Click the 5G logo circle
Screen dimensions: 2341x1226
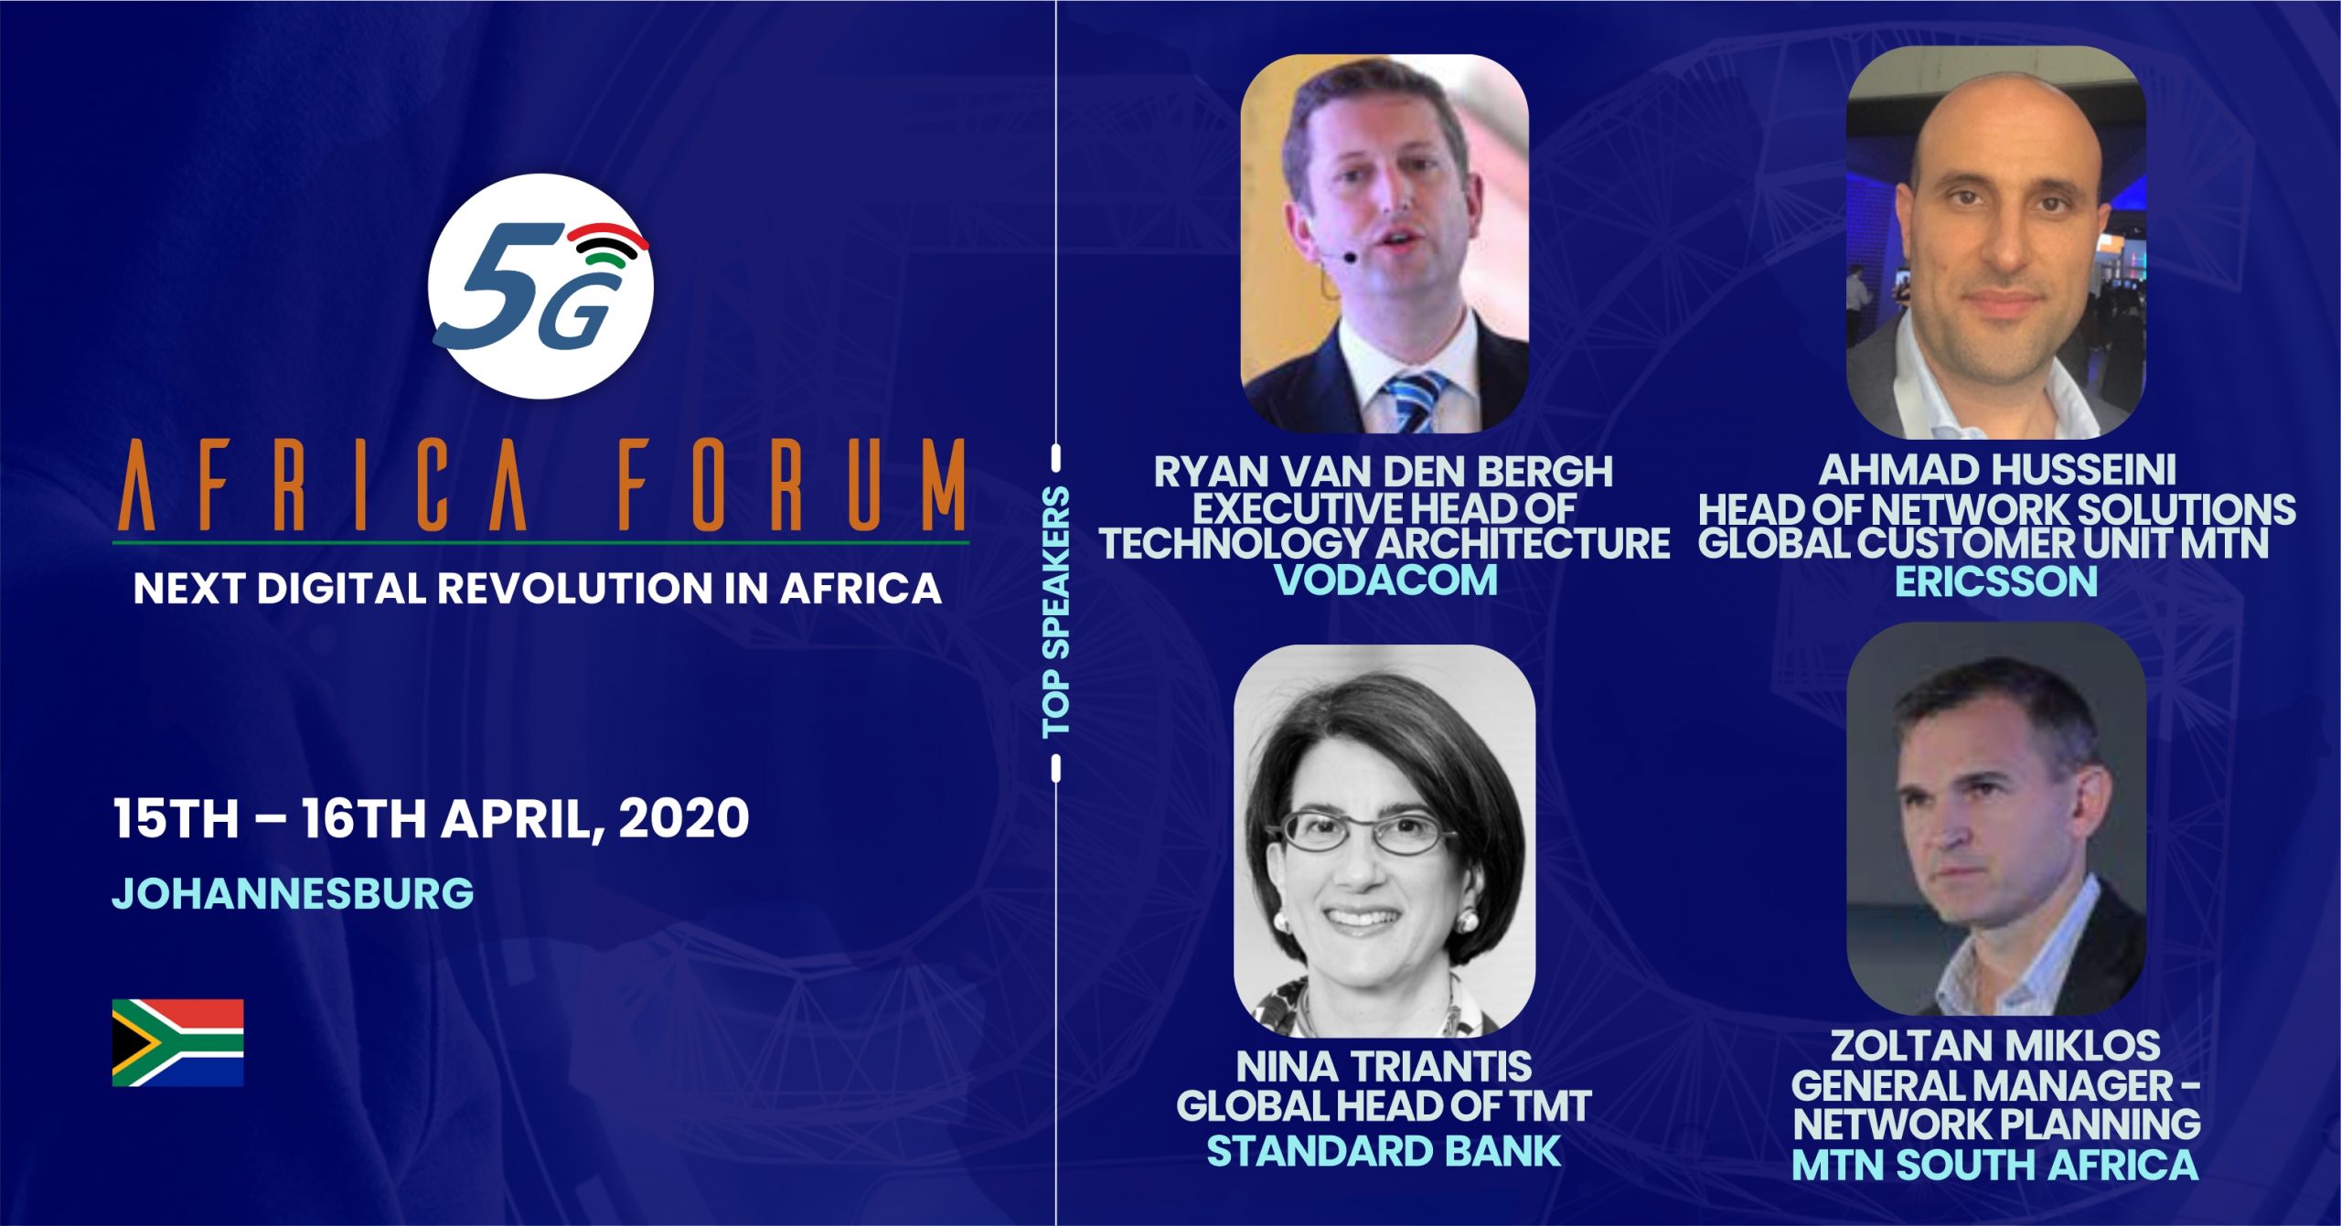(540, 286)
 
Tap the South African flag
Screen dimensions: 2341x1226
(177, 1042)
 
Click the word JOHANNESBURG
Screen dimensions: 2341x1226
(293, 893)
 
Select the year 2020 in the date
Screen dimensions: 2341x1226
(684, 818)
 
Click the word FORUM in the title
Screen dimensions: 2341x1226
(792, 485)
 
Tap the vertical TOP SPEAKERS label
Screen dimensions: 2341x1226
(1056, 612)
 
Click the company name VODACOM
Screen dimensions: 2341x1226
(1385, 580)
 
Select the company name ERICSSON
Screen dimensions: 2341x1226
(1996, 582)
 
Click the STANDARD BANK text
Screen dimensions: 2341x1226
(1384, 1151)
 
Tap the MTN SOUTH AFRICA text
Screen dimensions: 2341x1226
(1995, 1166)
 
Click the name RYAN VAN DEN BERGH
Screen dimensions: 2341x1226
(1384, 472)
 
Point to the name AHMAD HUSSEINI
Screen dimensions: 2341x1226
(1997, 470)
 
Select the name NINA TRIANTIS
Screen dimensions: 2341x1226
(1384, 1066)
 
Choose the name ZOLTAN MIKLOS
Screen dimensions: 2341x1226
(1995, 1046)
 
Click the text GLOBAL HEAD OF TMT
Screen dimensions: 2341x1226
(1384, 1106)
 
